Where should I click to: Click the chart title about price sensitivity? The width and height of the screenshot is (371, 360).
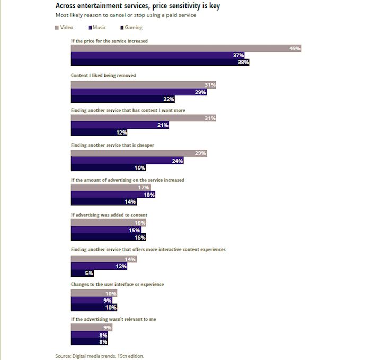point(138,6)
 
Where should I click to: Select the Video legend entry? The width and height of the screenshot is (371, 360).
point(64,27)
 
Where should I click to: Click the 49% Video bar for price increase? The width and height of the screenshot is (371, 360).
point(186,48)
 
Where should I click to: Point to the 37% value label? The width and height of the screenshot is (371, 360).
point(238,55)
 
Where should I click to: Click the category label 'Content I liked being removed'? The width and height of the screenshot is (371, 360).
point(103,76)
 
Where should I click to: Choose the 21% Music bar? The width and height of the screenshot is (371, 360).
point(120,125)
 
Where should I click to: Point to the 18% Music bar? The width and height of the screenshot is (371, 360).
point(113,195)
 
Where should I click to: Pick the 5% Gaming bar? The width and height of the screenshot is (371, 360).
point(83,273)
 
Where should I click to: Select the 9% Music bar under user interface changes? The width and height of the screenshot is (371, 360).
point(92,301)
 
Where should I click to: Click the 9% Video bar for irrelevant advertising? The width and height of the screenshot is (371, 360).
point(92,328)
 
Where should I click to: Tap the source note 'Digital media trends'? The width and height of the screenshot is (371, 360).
point(100,356)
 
